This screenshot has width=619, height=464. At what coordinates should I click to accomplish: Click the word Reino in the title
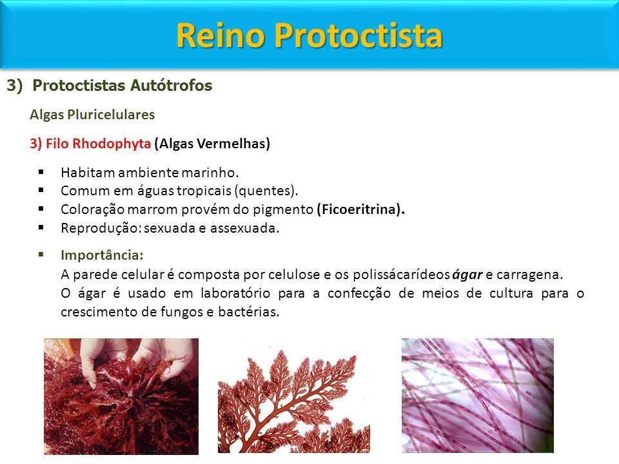pos(221,35)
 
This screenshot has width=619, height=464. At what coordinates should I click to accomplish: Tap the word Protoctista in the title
pos(359,35)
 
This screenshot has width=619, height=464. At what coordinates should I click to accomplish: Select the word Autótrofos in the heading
pos(172,85)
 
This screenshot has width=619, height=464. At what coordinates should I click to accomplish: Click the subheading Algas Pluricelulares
pos(92,115)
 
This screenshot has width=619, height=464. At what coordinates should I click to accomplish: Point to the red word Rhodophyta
pos(112,144)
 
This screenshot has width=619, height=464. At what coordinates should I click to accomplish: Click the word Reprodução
pos(101,228)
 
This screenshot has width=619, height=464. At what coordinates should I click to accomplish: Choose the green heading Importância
pos(102,255)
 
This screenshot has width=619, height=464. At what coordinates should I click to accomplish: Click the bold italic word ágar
pos(467,275)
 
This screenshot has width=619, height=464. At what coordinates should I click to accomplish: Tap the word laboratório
pos(235,293)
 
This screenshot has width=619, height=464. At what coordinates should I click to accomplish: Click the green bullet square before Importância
pos(41,254)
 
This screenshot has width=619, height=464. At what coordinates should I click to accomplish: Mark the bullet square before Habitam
pos(41,171)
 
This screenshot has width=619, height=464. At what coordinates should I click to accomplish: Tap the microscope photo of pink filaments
pos(478,395)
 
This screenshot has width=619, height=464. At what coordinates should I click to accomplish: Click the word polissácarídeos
pos(402,275)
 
